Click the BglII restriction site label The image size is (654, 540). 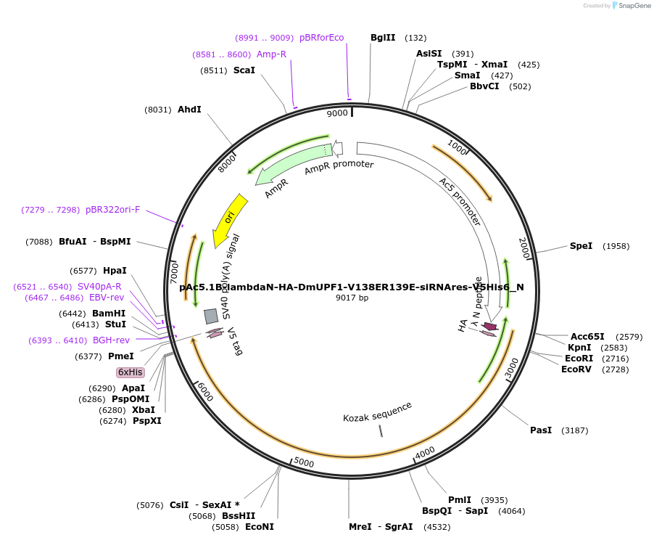tap(382, 38)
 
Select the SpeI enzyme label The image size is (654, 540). tap(581, 246)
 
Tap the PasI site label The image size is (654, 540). tap(541, 430)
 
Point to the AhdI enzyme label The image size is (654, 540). tap(189, 110)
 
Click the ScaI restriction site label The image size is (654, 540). tap(244, 70)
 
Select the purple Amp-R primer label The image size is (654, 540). tap(271, 54)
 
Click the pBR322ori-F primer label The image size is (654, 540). tap(112, 210)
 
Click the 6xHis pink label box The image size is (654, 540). tap(131, 372)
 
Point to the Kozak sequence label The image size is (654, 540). tap(377, 412)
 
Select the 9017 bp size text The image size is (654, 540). tap(352, 298)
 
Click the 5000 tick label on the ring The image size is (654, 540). tap(304, 462)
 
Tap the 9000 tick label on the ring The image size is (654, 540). tap(337, 113)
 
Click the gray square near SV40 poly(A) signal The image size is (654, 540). tap(211, 316)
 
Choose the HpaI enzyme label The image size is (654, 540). tap(115, 271)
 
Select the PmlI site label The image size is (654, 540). tap(460, 500)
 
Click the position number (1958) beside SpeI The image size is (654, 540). tap(616, 246)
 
